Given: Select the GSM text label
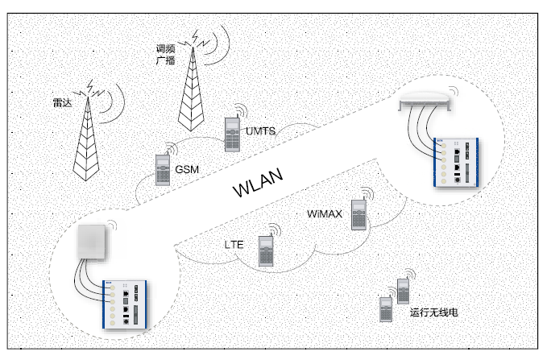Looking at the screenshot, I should pyautogui.click(x=187, y=170).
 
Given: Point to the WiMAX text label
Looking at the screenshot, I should pyautogui.click(x=326, y=214).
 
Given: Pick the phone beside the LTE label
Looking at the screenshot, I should pyautogui.click(x=265, y=250).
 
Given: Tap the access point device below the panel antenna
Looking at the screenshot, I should pyautogui.click(x=126, y=304).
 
